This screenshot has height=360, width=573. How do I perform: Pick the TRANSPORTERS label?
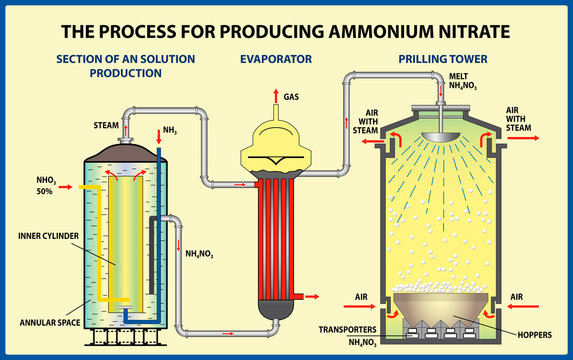click(347, 327)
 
